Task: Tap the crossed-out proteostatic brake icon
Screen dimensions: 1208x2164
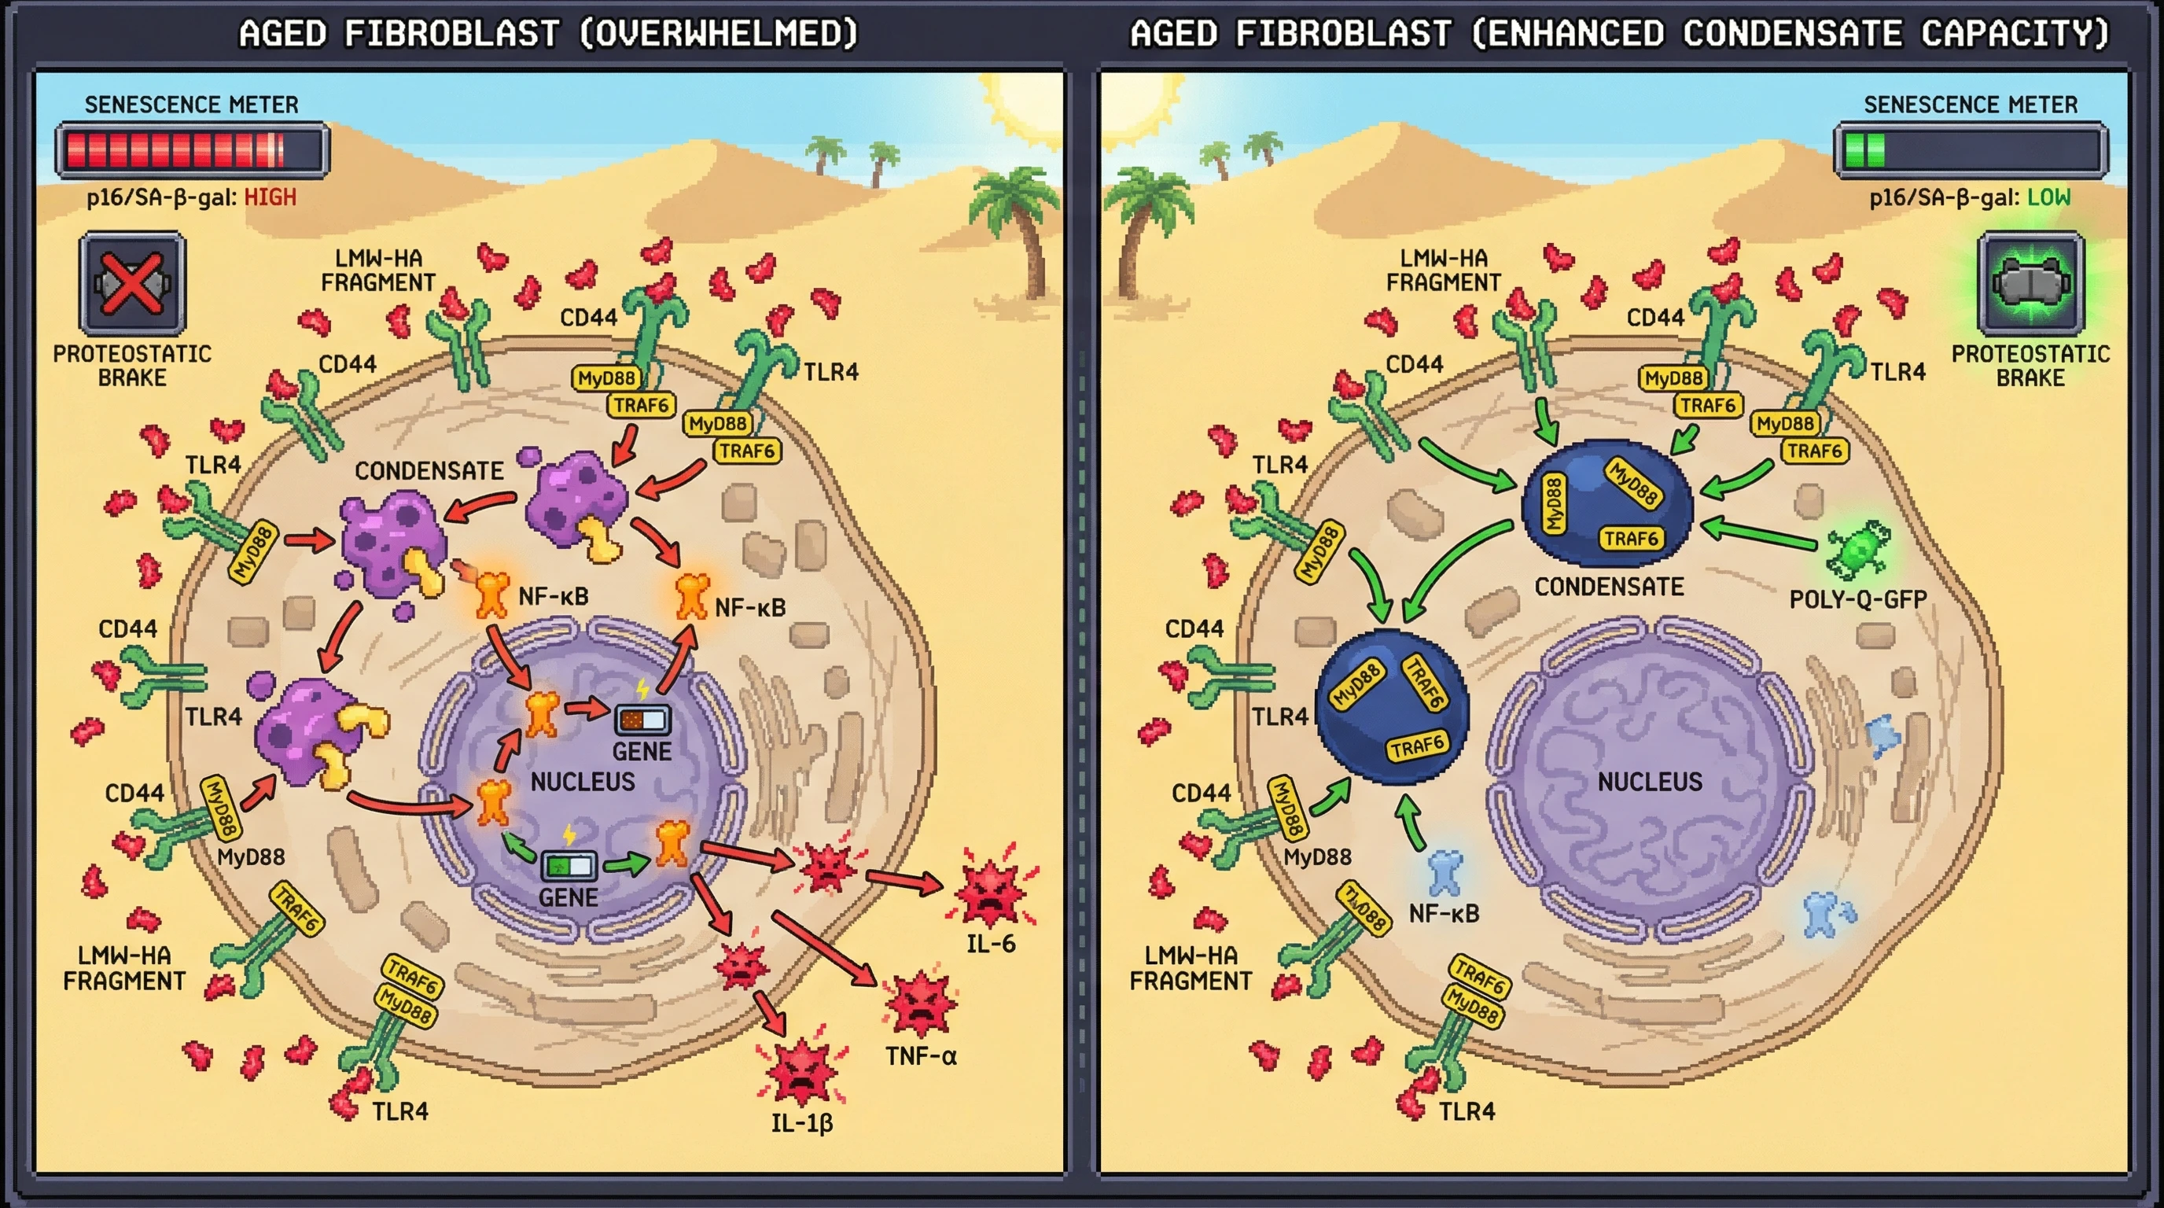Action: [132, 284]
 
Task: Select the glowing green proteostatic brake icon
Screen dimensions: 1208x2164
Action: [2030, 284]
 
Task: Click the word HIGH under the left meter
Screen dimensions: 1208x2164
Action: [270, 197]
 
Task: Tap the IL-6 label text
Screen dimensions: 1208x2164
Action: [991, 944]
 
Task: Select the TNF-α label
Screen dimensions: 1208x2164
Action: [921, 1056]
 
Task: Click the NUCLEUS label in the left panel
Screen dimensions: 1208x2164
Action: [582, 781]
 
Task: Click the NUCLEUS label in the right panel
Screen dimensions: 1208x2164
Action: [1649, 781]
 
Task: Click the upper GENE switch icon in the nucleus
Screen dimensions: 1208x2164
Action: [642, 720]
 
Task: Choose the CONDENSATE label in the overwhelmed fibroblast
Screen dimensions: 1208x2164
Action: [429, 470]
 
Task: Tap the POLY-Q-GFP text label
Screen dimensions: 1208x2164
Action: [1857, 599]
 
